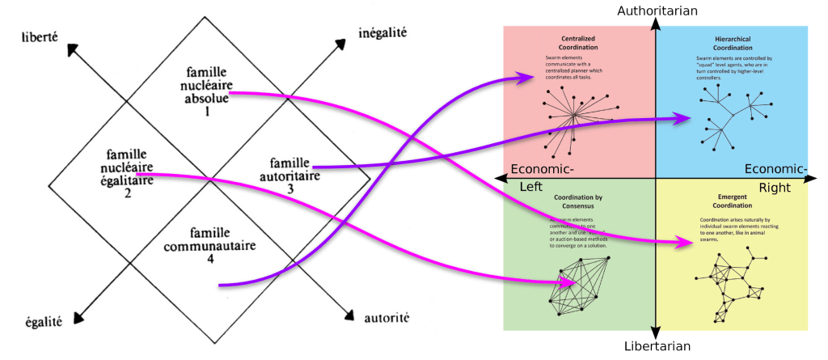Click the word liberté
(x=44, y=36)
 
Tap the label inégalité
(x=382, y=34)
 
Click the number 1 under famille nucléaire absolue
(x=206, y=112)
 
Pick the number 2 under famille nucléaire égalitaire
(x=128, y=193)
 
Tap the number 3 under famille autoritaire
(x=290, y=188)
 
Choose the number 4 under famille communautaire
(x=209, y=259)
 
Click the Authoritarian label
(x=657, y=11)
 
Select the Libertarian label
(x=657, y=346)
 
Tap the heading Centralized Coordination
(x=577, y=42)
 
